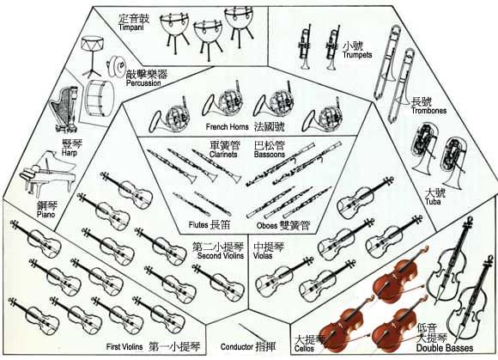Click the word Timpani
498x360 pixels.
131,27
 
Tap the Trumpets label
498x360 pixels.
357,55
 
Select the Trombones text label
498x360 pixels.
428,111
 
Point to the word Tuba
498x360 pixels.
433,201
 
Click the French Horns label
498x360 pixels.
227,127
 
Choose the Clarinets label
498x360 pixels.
223,154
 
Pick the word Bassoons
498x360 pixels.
270,154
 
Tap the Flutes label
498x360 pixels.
198,225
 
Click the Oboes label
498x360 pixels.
267,226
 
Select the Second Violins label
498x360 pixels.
221,255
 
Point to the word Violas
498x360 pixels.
263,255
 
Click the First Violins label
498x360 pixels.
125,346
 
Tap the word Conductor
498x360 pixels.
237,346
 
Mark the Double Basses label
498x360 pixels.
445,348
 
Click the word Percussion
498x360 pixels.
143,83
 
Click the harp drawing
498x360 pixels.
64,109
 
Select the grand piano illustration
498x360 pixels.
47,174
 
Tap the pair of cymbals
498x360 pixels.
116,67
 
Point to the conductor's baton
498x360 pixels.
252,333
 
